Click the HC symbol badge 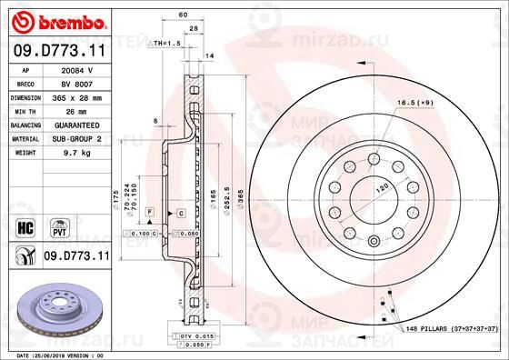tap(26, 225)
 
